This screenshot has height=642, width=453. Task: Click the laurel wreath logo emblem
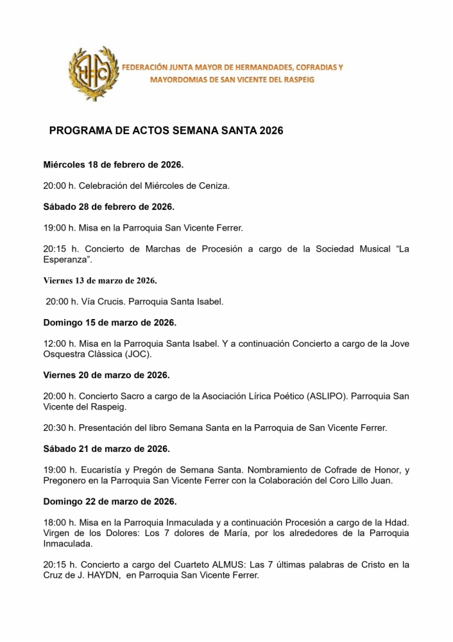click(x=94, y=73)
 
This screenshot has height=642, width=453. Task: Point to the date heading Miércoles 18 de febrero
click(x=113, y=165)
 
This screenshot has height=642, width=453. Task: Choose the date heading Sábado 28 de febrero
click(x=108, y=207)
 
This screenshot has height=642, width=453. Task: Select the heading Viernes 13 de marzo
click(x=100, y=281)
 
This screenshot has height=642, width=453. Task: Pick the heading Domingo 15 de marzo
click(x=110, y=322)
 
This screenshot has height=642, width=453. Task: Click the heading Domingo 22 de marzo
click(x=110, y=501)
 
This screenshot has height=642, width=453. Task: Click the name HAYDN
click(x=103, y=575)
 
